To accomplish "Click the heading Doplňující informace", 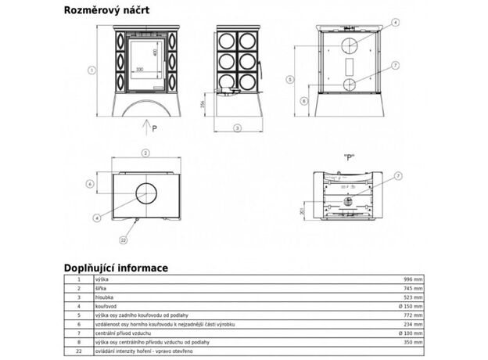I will (x=116, y=267).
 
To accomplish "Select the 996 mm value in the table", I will (x=411, y=279).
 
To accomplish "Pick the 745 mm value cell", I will (x=411, y=289).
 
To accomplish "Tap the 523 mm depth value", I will (x=411, y=298).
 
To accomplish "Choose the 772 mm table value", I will (x=411, y=315).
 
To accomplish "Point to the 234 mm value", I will (x=411, y=324).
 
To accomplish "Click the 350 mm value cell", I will (x=411, y=342).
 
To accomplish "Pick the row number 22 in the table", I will (x=79, y=351).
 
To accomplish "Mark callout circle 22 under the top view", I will (x=123, y=239).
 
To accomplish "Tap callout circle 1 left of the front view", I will (x=92, y=70).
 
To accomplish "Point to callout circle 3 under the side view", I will (x=236, y=128).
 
